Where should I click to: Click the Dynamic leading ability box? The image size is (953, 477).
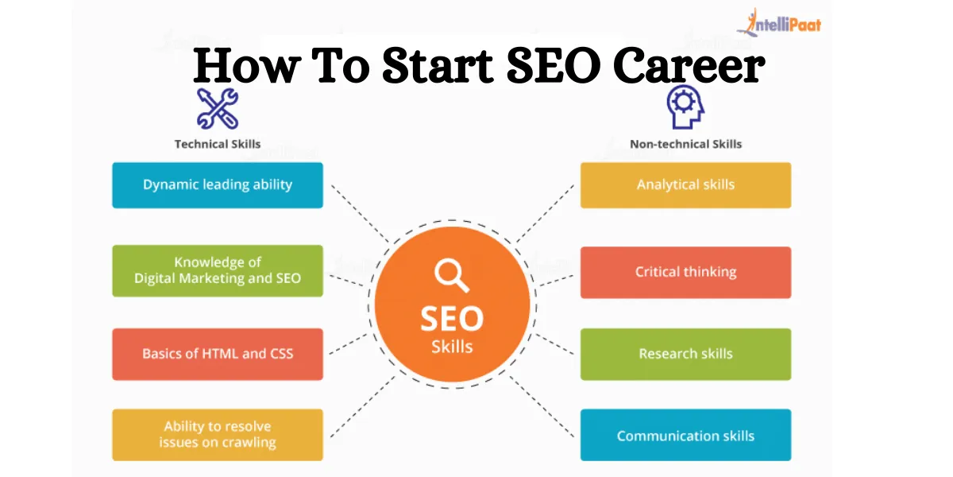tap(217, 185)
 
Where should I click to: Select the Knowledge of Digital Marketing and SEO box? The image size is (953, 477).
tap(217, 270)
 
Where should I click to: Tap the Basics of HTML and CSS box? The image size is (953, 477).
tap(217, 354)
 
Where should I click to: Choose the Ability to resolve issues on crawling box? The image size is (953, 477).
tap(217, 435)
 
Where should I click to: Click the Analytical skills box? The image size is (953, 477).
tap(685, 185)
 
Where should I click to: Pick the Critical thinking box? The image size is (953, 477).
tap(685, 273)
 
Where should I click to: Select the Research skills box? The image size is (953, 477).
tap(685, 354)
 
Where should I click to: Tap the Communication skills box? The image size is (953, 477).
tap(685, 436)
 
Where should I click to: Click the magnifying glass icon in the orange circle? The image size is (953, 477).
tap(451, 276)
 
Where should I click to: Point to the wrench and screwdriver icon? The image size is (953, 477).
tap(218, 109)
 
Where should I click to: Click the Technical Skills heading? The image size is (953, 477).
tap(218, 145)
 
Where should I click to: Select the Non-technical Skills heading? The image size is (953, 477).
tap(685, 145)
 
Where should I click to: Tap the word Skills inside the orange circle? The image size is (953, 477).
tap(451, 347)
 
